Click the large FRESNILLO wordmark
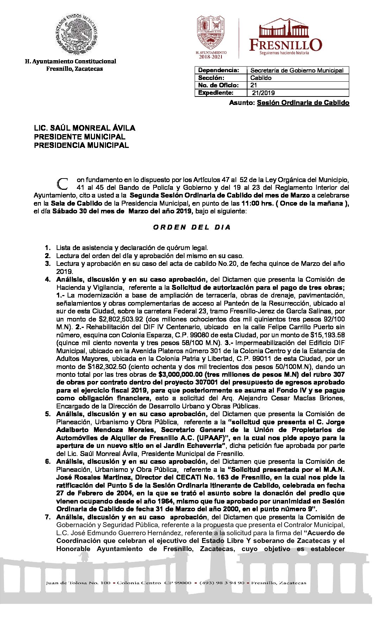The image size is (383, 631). (x=285, y=45)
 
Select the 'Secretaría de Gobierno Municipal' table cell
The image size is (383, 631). (x=297, y=70)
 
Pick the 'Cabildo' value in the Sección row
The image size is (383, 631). (x=261, y=78)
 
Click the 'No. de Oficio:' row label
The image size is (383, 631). (x=218, y=85)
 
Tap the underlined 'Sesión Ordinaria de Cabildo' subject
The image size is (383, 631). (x=303, y=103)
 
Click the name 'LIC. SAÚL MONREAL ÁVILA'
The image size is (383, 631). (x=84, y=128)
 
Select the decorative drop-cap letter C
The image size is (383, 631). (x=63, y=183)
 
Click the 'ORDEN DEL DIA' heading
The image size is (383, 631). (x=192, y=227)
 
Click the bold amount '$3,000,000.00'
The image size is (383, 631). (x=181, y=375)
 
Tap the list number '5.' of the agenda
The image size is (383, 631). (x=48, y=414)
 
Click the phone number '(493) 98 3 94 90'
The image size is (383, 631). (x=222, y=583)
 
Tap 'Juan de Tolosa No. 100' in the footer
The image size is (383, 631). (x=78, y=583)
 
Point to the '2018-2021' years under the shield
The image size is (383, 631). (x=211, y=57)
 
